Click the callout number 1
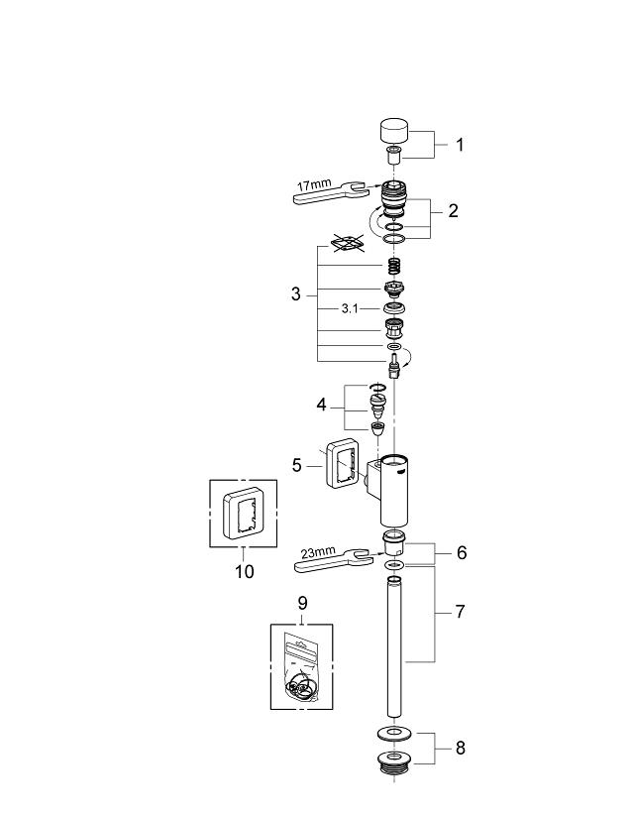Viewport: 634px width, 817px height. click(x=459, y=145)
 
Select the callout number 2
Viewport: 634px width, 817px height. click(x=452, y=210)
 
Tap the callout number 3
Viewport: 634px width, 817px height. click(x=295, y=294)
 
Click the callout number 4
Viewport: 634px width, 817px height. click(x=320, y=406)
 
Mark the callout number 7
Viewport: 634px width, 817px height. click(x=459, y=612)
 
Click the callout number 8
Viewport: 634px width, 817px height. click(x=459, y=749)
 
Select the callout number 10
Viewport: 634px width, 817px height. click(x=244, y=571)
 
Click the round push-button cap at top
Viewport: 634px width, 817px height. click(x=394, y=130)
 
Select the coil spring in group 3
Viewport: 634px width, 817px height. click(x=394, y=267)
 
